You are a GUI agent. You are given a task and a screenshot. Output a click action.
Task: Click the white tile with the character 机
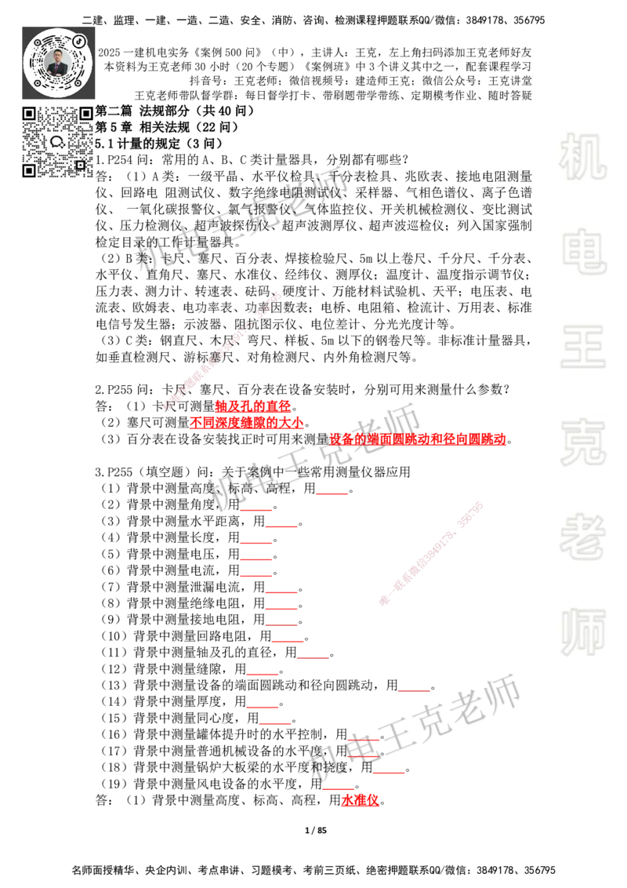(582, 157)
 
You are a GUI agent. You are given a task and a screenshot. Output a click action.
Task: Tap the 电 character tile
(585, 251)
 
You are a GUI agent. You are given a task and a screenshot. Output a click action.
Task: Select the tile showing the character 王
(582, 348)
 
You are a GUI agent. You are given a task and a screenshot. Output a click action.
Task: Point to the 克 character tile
(582, 442)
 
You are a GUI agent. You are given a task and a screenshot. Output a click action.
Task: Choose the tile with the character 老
(582, 537)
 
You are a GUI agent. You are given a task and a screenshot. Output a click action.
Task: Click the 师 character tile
(582, 633)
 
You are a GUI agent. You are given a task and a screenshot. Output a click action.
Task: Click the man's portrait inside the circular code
(58, 62)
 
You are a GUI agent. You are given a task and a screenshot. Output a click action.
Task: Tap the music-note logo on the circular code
(79, 41)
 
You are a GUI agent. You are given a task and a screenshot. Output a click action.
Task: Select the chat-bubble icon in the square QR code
(57, 142)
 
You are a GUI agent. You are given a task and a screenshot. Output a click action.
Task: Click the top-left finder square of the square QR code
(30, 114)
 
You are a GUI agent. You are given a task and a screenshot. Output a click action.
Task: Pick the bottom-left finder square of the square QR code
(30, 169)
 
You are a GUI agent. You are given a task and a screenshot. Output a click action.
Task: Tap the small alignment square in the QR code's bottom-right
(80, 165)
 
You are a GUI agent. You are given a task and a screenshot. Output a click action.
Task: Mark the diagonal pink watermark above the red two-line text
(222, 351)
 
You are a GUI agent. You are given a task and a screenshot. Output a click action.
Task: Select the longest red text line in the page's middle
(418, 440)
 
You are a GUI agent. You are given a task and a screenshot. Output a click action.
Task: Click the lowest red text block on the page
(361, 801)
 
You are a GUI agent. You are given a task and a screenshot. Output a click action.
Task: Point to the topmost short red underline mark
(332, 493)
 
